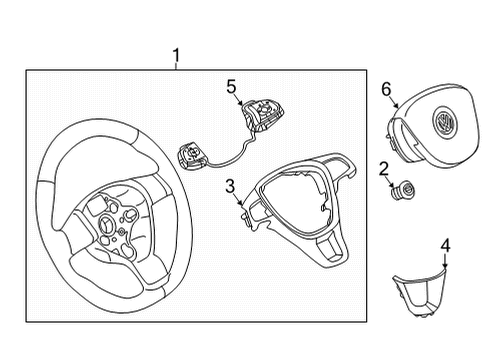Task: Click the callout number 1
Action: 176,55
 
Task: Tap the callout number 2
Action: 384,169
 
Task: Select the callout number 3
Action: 230,186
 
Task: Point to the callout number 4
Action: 446,246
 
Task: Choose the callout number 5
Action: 231,87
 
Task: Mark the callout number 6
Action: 386,89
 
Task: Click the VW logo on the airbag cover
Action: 444,121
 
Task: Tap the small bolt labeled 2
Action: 403,190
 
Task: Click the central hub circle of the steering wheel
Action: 108,223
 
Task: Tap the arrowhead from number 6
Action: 396,105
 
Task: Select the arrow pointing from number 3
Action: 238,198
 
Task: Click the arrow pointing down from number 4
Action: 446,261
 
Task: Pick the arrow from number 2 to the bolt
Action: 390,182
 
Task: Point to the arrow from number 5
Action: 239,99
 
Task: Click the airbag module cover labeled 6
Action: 433,125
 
